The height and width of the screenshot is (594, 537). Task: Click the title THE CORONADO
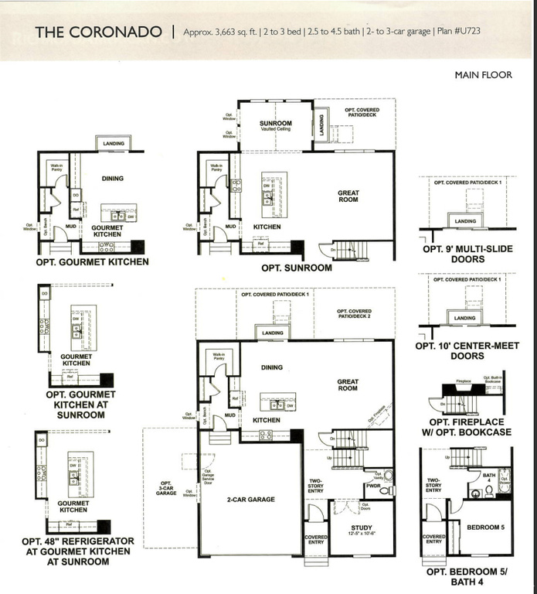pos(98,32)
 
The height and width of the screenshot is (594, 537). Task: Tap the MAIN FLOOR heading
pos(483,75)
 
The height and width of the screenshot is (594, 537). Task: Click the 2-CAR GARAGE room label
pos(250,500)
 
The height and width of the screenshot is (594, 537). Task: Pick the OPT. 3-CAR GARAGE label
pos(167,488)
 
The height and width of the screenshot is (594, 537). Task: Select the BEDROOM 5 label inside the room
pos(486,527)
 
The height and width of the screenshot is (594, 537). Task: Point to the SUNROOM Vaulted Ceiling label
pos(275,126)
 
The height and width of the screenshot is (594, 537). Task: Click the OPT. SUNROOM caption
pos(296,268)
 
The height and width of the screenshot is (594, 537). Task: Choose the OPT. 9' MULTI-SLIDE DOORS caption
pos(464,254)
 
